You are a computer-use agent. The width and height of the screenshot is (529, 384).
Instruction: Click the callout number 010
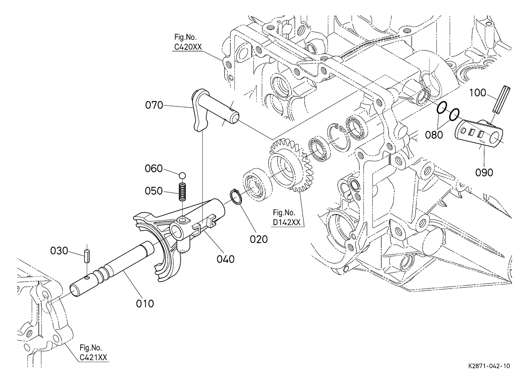tap(145, 303)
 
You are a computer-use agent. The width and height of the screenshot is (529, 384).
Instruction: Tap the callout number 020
tap(259, 239)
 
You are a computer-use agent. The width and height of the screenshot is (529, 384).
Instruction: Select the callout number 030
tap(59, 251)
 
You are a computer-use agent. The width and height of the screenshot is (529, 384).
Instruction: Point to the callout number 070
tap(154, 105)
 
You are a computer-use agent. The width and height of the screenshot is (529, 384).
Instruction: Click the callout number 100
tap(478, 93)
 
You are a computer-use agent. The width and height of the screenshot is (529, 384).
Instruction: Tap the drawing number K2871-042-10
tap(489, 366)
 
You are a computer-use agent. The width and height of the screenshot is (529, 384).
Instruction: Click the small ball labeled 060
tap(182, 176)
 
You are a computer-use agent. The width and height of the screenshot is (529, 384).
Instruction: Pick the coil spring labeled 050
tap(182, 192)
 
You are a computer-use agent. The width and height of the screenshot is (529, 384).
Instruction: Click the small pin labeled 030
tap(87, 256)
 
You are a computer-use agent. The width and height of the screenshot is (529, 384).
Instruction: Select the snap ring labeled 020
tap(236, 196)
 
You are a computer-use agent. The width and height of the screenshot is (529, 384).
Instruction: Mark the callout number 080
tap(434, 135)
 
